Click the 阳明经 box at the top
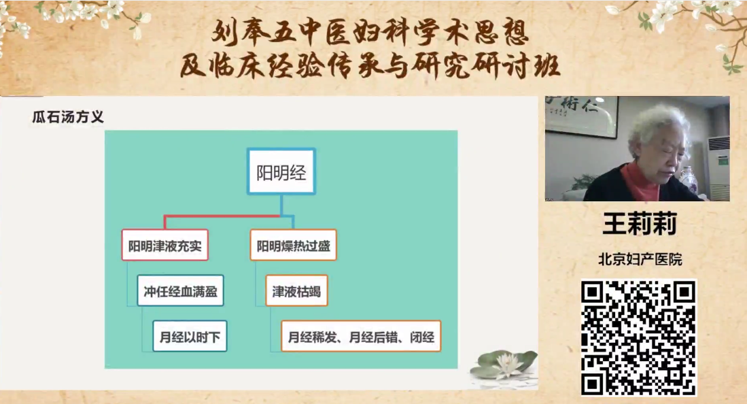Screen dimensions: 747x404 click(x=281, y=171)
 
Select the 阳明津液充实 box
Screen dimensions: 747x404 click(x=165, y=245)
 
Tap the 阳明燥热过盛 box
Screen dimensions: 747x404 click(x=294, y=245)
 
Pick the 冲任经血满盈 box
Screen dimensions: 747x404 click(x=180, y=290)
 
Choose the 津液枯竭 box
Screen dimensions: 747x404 click(x=296, y=290)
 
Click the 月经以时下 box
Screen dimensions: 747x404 click(x=190, y=336)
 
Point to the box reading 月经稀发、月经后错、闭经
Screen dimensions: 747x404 click(x=361, y=336)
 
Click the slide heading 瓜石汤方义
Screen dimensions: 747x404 click(x=68, y=117)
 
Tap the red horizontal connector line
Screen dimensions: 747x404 click(x=222, y=216)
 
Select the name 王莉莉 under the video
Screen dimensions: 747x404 click(x=640, y=224)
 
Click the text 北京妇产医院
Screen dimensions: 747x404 click(x=640, y=259)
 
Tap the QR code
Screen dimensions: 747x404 click(x=638, y=338)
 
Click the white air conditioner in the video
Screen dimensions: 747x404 click(x=718, y=167)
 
